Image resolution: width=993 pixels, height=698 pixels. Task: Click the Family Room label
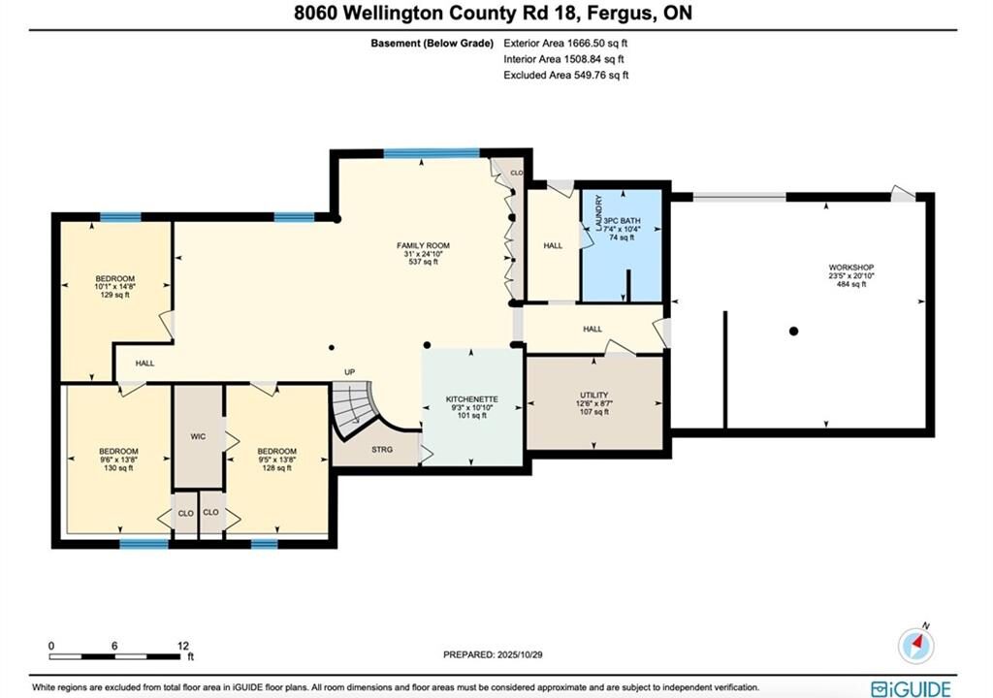423,246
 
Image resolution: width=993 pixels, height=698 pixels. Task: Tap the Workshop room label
851,268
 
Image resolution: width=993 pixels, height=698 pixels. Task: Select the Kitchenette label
472,399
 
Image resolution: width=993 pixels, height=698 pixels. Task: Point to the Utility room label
594,396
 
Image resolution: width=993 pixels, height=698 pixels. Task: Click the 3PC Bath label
622,221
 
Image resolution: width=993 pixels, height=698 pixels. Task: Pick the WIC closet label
198,436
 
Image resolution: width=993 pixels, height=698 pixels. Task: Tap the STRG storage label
382,450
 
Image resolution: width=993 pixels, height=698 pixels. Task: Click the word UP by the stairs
349,372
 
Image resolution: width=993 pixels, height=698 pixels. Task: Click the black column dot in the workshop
793,332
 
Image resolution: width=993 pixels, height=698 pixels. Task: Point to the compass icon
915,646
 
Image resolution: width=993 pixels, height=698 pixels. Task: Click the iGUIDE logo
911,688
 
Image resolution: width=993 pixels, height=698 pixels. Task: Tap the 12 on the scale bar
183,646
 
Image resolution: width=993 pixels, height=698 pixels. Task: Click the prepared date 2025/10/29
520,655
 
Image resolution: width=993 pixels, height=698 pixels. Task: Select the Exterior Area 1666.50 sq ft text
565,43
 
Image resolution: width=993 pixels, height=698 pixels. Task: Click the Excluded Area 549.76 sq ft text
566,75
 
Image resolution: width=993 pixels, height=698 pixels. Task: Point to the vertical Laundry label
599,213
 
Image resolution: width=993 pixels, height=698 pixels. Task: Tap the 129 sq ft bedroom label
115,295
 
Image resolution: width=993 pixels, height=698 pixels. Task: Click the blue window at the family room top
432,152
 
